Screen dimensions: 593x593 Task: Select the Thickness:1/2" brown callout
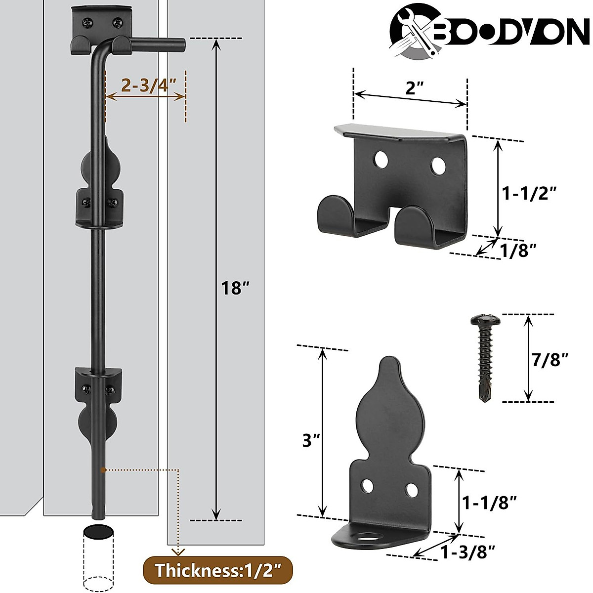(217, 570)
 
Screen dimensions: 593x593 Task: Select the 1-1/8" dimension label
(489, 503)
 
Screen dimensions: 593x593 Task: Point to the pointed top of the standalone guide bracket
(388, 363)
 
